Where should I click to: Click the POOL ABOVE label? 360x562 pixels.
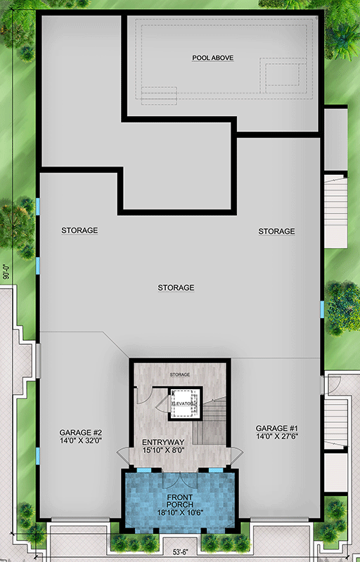click(x=212, y=58)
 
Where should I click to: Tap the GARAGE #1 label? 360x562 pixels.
click(x=276, y=428)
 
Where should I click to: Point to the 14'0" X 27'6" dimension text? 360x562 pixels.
click(x=276, y=437)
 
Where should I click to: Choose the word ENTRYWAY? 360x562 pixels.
click(x=162, y=443)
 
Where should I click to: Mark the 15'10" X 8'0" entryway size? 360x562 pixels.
click(x=162, y=452)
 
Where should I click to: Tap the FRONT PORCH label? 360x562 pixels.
click(x=179, y=502)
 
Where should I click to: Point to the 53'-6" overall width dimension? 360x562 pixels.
click(x=181, y=553)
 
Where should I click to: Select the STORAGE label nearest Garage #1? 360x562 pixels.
click(x=276, y=231)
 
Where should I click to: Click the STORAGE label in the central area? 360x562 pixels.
click(x=176, y=287)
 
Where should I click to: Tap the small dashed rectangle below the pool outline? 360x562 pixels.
click(x=159, y=95)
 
